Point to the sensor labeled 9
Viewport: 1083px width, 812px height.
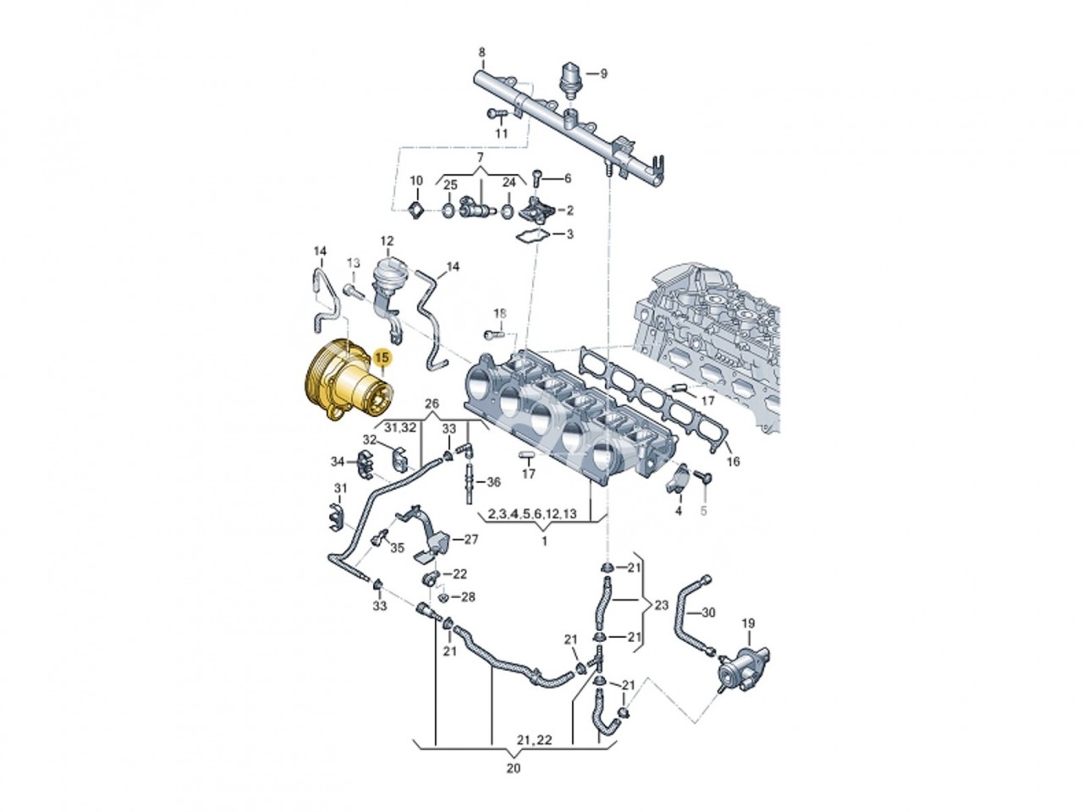tap(572, 75)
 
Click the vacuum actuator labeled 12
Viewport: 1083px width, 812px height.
tap(388, 274)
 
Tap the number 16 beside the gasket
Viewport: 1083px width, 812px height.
tap(732, 462)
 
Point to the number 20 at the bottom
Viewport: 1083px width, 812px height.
tap(514, 768)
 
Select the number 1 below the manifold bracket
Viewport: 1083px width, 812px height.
tap(544, 540)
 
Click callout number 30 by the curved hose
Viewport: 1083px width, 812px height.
tap(708, 612)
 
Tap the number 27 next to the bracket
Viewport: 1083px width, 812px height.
tap(470, 540)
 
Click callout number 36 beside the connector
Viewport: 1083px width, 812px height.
tap(493, 483)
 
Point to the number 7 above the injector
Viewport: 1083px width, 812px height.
tap(479, 158)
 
